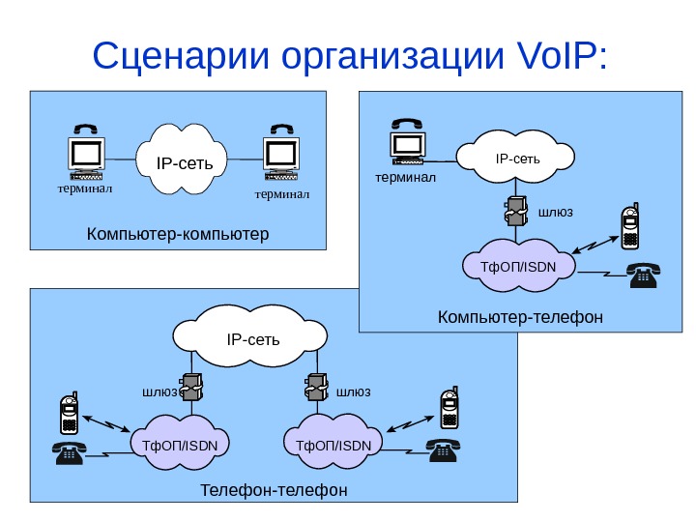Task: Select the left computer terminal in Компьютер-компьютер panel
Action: [x=85, y=155]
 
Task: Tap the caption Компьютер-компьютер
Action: [x=178, y=234]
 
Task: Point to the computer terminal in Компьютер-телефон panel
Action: [x=407, y=143]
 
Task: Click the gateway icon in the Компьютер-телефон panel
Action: [x=515, y=211]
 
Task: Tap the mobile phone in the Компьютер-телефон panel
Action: [x=631, y=227]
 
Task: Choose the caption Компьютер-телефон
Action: [x=520, y=316]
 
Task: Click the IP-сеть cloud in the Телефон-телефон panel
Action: [x=253, y=339]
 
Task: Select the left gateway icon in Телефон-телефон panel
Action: [x=191, y=388]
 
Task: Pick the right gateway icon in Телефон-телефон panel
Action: [x=315, y=388]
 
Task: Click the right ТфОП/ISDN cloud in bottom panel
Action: [x=333, y=445]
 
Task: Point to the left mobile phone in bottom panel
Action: [x=69, y=413]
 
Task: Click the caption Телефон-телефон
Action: [x=274, y=490]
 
